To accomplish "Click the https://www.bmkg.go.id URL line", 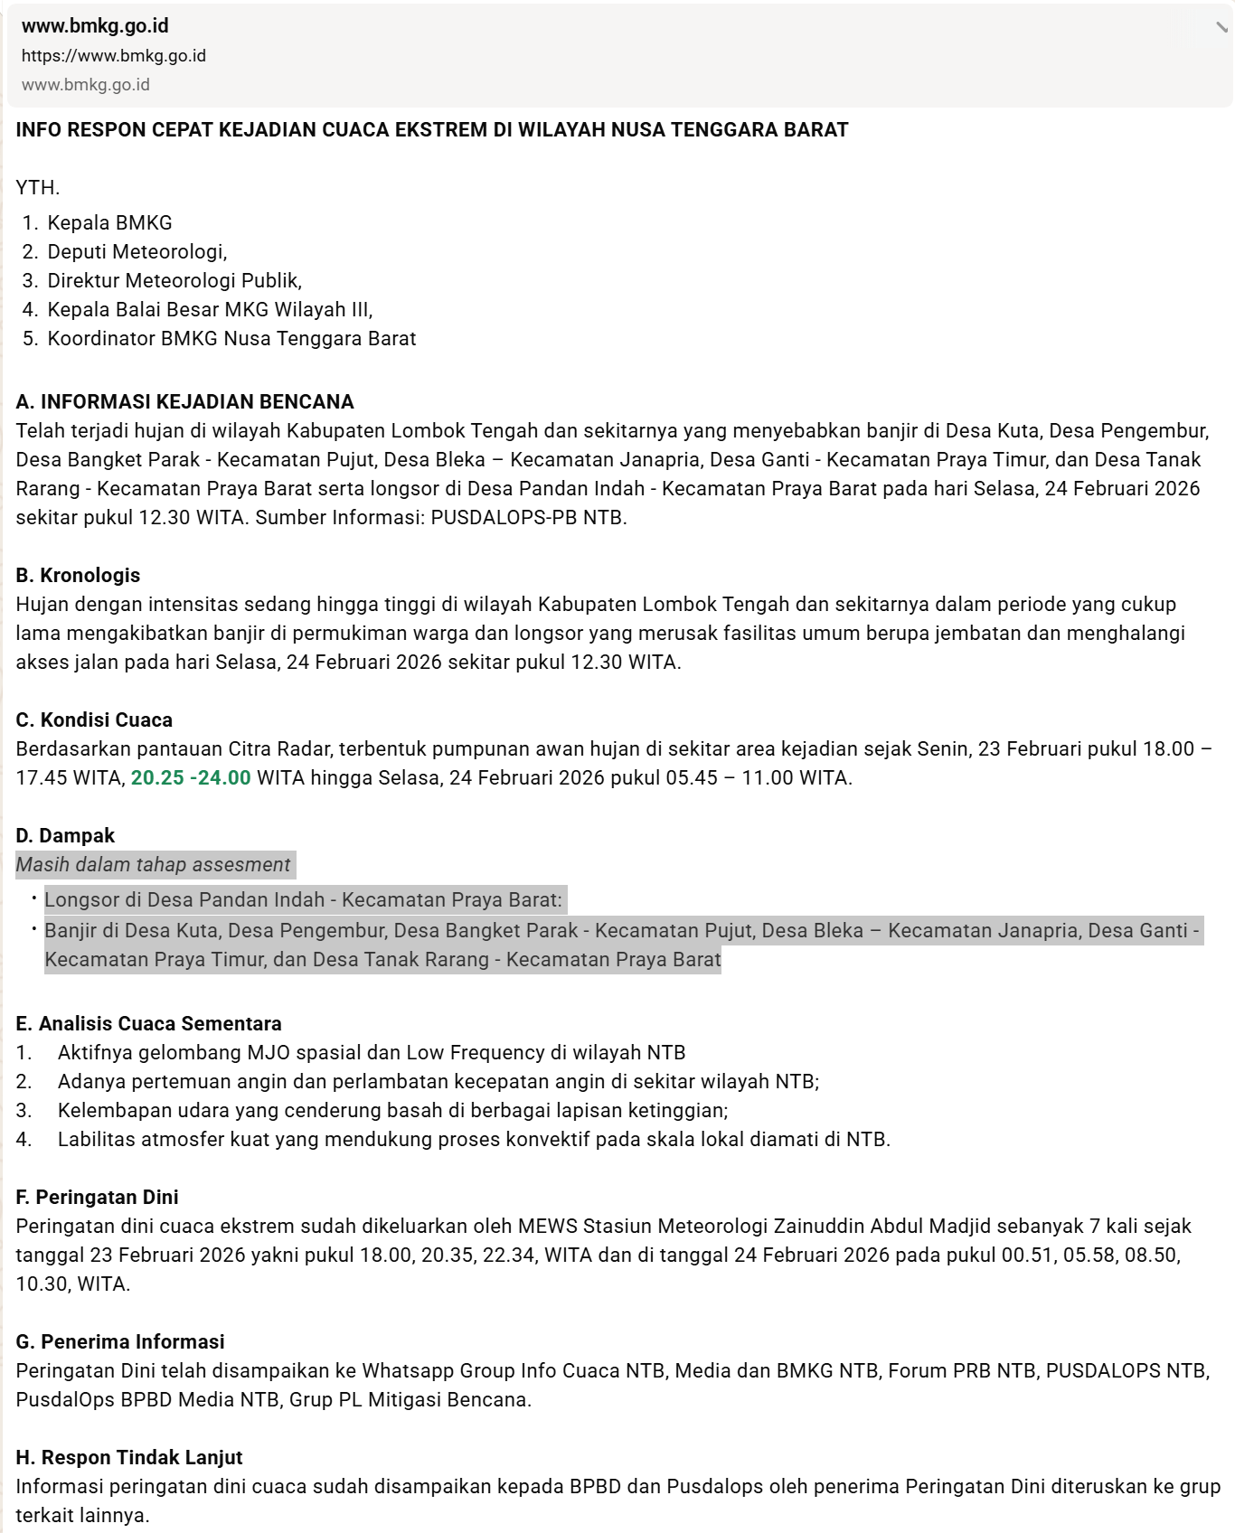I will (x=114, y=56).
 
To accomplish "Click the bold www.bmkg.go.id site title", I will (x=95, y=26).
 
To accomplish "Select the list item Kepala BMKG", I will (x=109, y=223).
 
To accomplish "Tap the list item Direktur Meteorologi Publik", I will (x=174, y=281).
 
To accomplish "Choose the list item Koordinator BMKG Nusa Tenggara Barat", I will (x=231, y=339).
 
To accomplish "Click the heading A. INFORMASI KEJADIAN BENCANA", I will (x=184, y=402).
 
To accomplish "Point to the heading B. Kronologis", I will (x=78, y=576).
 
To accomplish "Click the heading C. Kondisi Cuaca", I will (x=94, y=720).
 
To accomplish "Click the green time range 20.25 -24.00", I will (x=191, y=778).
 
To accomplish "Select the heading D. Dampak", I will (x=65, y=836).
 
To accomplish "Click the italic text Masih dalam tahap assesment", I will (x=153, y=865).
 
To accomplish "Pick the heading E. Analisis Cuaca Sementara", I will (x=148, y=1024).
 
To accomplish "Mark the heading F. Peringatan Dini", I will (x=97, y=1198).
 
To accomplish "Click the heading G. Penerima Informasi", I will (x=120, y=1342).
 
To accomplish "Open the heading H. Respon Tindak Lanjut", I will (x=129, y=1458).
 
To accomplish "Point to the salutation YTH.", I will (x=38, y=188).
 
